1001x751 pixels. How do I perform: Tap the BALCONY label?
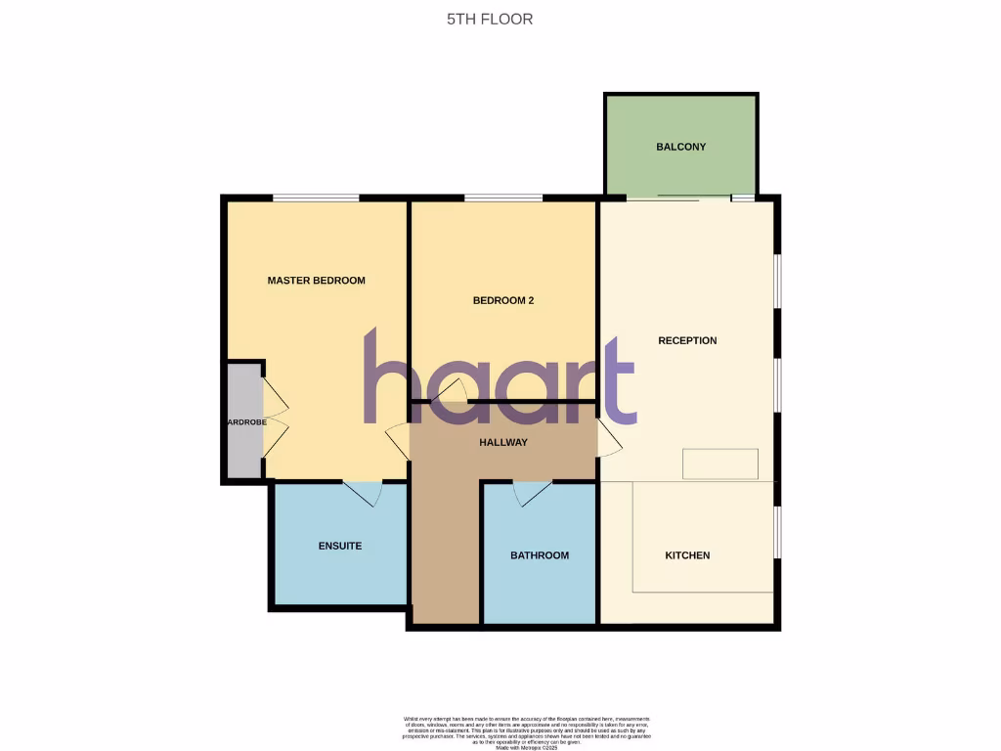pos(680,147)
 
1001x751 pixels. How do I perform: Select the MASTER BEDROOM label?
pos(316,281)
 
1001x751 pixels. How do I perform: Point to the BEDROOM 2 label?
pos(502,301)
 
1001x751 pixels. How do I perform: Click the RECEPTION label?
pos(687,341)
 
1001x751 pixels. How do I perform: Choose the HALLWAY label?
pos(502,443)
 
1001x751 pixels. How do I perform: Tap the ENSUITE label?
pos(340,546)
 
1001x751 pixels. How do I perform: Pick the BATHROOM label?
pos(539,555)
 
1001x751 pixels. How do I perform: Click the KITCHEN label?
pos(687,555)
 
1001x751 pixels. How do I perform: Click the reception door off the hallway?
pos(610,439)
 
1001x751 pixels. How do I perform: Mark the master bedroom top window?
pos(315,199)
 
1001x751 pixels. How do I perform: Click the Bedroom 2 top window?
pos(503,199)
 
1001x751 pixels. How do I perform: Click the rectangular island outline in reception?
pos(720,464)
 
